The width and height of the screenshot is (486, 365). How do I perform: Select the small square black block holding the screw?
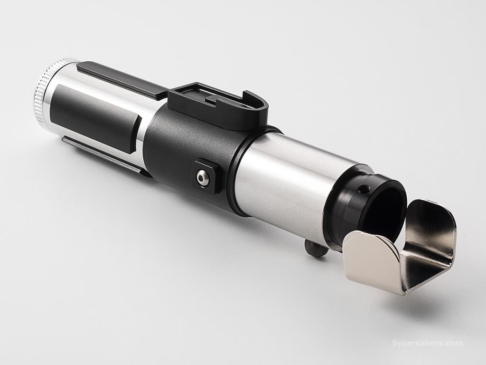click(x=206, y=176)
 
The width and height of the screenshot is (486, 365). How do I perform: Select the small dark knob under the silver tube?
click(x=314, y=247)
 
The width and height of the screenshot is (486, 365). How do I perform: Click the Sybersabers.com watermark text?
click(x=427, y=343)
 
